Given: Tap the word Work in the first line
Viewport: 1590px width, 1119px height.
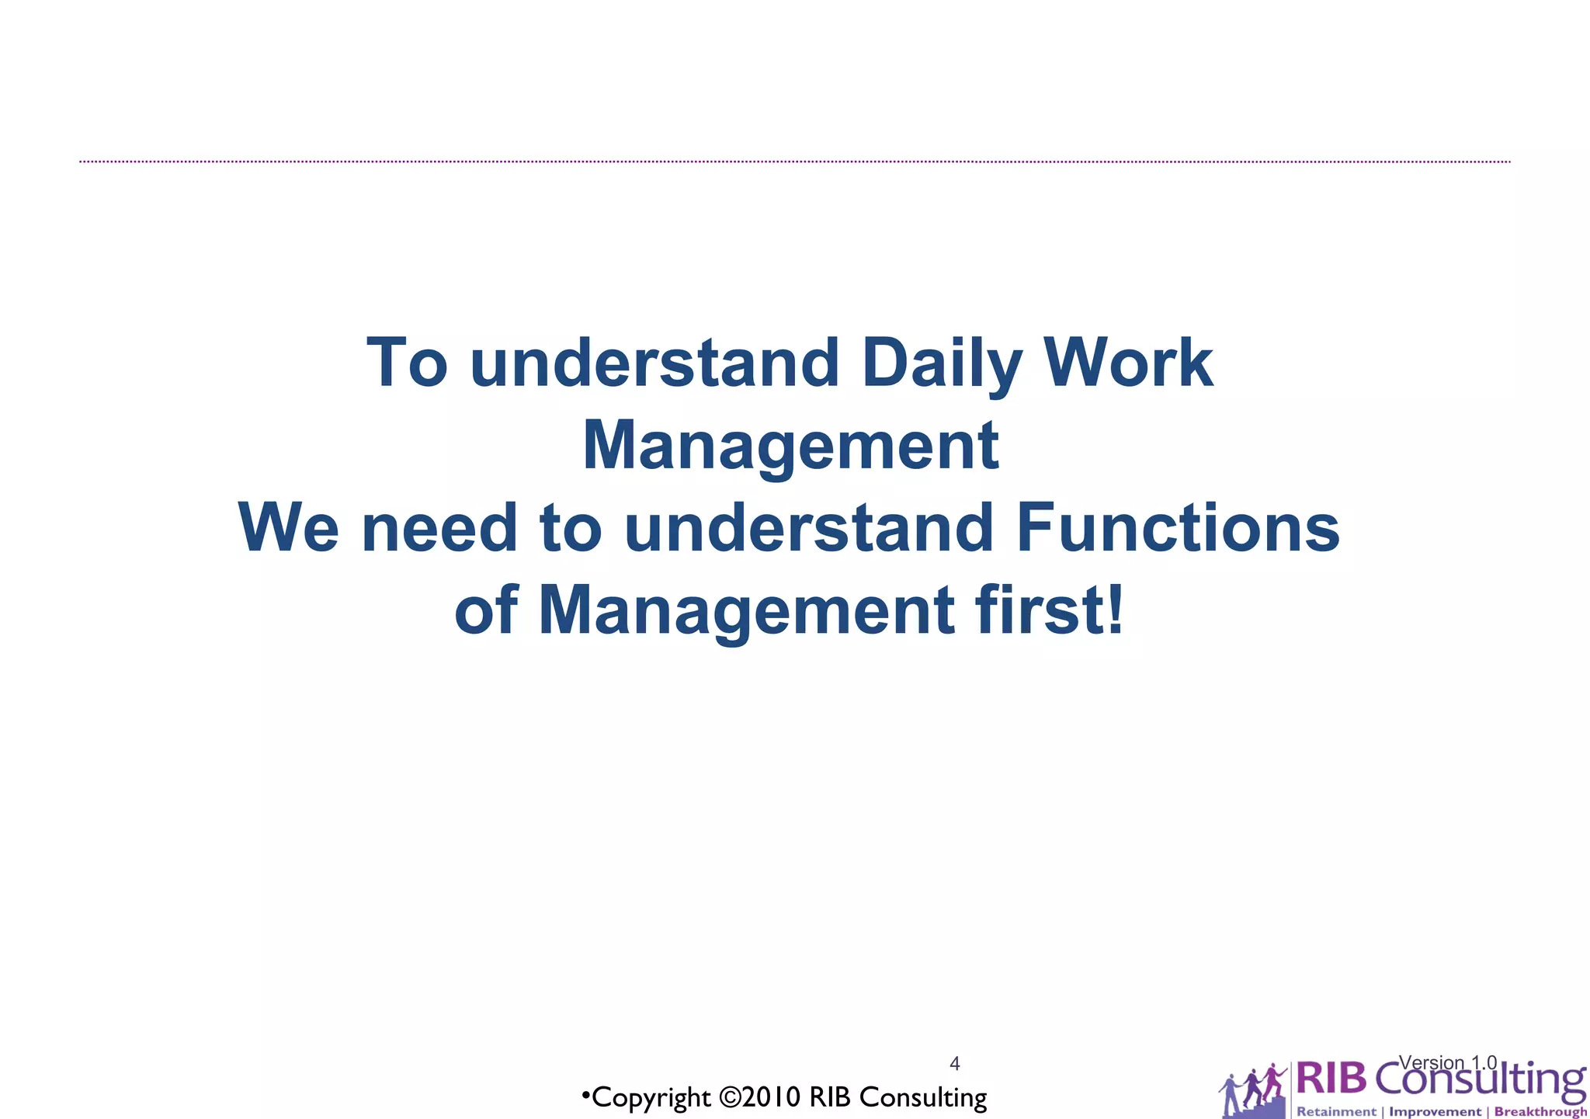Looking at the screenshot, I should pos(1127,363).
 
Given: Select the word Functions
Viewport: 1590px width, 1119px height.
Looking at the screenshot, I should pos(1178,528).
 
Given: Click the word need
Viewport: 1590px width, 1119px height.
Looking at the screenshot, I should pos(439,528).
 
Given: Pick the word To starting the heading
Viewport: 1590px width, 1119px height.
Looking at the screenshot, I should pos(407,363).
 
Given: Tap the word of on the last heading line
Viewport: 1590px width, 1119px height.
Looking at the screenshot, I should pos(486,610).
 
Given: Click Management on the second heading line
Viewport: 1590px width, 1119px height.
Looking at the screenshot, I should pos(790,446).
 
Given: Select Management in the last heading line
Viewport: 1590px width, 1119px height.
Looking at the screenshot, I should pos(745,610).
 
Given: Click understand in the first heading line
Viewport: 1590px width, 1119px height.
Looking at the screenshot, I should pos(654,363).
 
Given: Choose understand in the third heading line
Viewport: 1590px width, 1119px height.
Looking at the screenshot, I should pos(808,528).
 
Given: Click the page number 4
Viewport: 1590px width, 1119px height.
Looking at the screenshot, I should pos(955,1064).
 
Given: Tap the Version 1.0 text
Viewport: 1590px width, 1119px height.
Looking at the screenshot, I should pos(1447,1062).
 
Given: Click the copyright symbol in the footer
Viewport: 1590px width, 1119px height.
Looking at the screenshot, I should pos(730,1098).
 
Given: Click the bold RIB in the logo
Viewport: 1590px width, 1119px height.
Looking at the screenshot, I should pos(1331,1080).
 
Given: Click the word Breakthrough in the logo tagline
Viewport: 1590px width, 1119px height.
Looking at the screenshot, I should pos(1540,1112).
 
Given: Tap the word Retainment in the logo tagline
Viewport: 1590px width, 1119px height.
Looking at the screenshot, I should pos(1336,1112).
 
